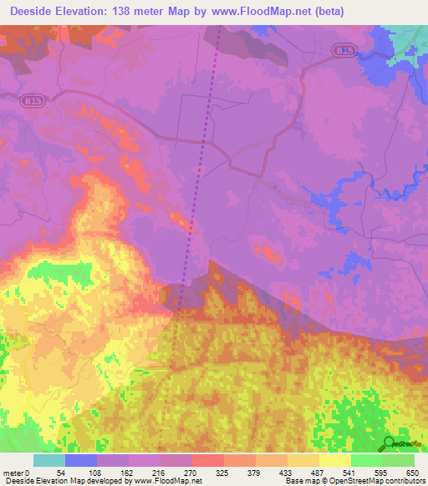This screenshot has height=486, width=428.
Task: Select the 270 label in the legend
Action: point(191,473)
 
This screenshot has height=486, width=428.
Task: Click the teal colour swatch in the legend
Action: point(49,460)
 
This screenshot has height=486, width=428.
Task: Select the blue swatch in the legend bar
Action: point(81,460)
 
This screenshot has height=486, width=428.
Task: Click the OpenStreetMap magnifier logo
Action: point(389,444)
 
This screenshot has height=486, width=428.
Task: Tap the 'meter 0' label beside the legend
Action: point(17,473)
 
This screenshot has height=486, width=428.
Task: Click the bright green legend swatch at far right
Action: point(399,460)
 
